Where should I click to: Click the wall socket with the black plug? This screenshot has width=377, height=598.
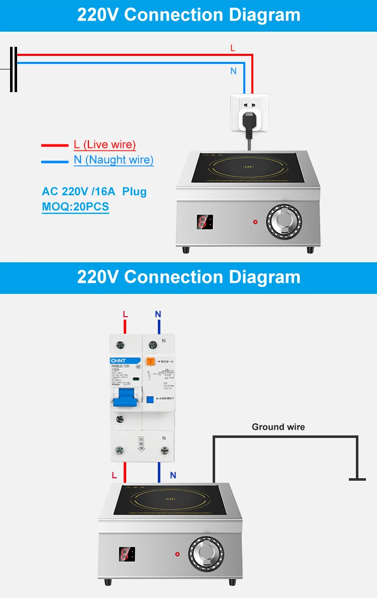[x=249, y=114]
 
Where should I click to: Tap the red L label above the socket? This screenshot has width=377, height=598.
[x=232, y=48]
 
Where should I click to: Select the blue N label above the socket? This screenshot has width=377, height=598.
[x=233, y=71]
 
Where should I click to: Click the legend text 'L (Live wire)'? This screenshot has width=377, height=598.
[x=105, y=145]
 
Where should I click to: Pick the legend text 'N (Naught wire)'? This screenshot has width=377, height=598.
[x=113, y=160]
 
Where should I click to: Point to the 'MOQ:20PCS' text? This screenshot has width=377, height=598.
[x=75, y=206]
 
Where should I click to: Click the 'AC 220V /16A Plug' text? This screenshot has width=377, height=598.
[x=94, y=191]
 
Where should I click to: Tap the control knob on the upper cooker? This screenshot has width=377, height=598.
[x=285, y=222]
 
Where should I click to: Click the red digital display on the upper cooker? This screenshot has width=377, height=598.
[x=205, y=222]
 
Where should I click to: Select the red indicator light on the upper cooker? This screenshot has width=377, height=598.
[x=255, y=222]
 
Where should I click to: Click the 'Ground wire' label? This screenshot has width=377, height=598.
[x=278, y=427]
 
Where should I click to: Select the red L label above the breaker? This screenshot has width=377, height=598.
[x=125, y=314]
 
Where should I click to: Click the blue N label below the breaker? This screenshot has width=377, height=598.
[x=173, y=475]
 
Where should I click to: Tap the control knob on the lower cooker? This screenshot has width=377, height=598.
[x=207, y=554]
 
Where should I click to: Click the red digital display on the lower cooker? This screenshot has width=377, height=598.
[x=127, y=554]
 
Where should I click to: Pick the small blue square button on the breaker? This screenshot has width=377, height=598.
[x=149, y=400]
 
